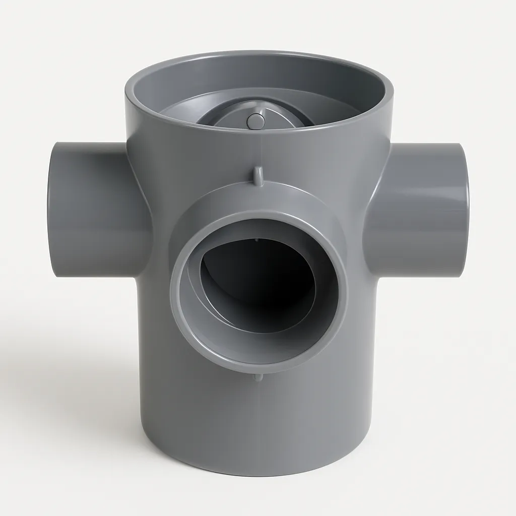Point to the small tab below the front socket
[258, 377]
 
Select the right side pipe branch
[418, 209]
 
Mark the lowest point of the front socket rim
[258, 371]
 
